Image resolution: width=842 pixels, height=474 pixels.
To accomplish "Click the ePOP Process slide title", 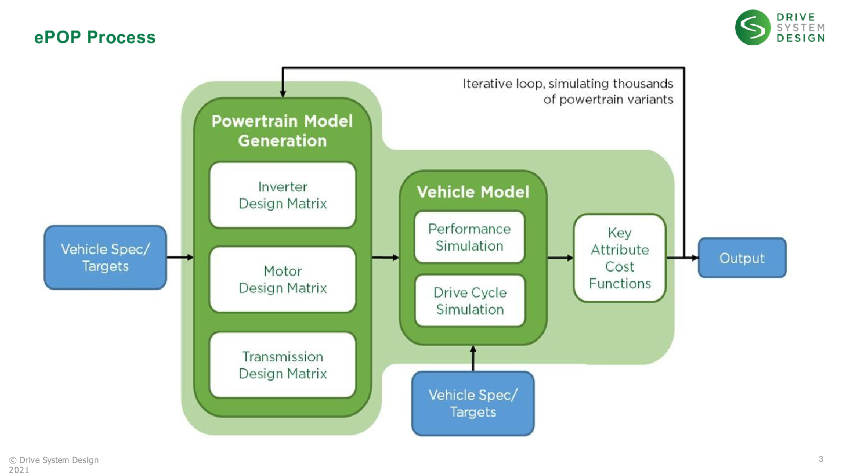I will point(95,37).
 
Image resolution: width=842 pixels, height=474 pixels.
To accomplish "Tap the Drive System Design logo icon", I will point(753,27).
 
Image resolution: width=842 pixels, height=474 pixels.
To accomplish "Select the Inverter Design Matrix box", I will point(283,195).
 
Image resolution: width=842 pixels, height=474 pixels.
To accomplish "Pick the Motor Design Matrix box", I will point(283,280).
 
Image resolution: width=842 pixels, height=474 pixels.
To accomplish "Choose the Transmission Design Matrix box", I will point(283,365).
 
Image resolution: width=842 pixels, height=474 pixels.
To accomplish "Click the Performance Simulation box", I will point(469,237).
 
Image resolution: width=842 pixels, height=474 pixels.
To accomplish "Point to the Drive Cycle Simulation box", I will point(470,301).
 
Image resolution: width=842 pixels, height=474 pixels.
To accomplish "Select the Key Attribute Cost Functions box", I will point(619,258).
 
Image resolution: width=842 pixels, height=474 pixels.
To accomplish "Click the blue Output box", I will point(742,258).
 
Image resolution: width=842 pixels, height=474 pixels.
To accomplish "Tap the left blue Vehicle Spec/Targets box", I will point(105,258).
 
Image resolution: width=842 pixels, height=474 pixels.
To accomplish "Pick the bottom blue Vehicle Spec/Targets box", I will point(473,403).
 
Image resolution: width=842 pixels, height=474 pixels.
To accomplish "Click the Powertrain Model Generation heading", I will point(283,131).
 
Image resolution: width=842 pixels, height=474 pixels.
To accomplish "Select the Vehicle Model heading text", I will point(473,192).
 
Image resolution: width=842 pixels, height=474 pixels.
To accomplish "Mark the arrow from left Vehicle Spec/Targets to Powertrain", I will point(180,258).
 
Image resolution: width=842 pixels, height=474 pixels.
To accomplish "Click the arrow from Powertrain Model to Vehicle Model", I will point(385,258).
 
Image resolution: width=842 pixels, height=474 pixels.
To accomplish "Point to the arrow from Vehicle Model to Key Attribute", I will point(560,258).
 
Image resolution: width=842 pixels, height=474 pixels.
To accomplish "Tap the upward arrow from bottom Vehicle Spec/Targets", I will point(473,358).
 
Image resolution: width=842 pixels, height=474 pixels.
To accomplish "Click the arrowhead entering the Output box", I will point(695,258).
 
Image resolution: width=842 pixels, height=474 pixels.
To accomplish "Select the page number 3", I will point(821,459).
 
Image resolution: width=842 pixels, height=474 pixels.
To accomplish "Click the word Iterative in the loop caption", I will point(487,84).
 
